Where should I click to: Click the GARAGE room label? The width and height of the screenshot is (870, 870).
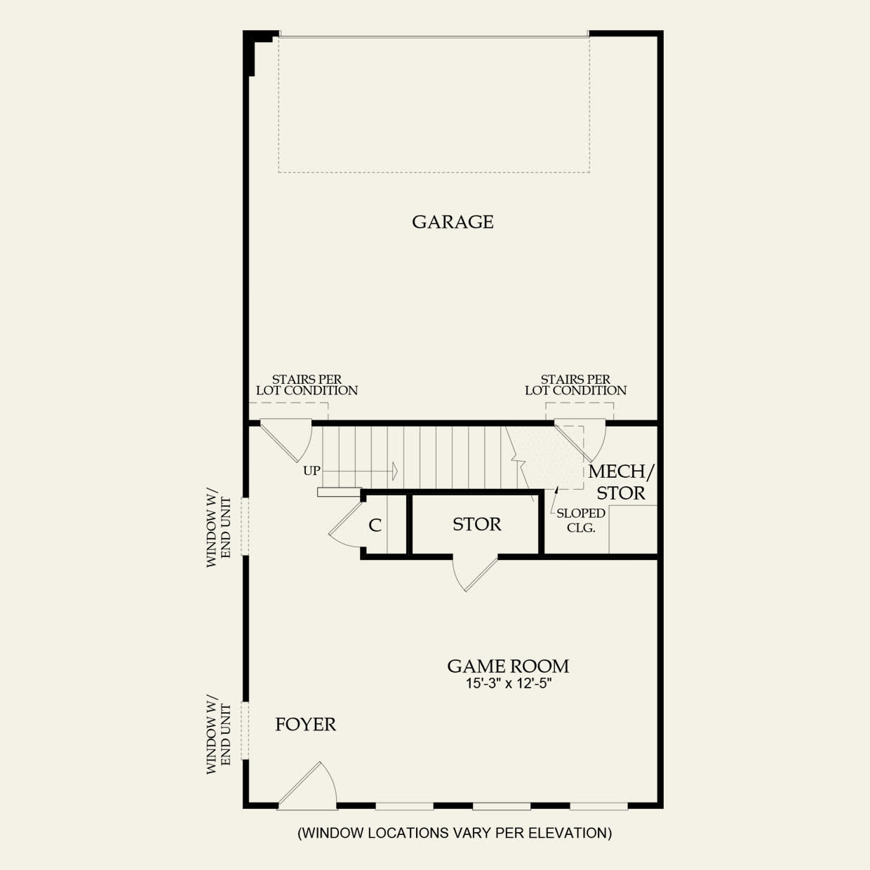(x=453, y=222)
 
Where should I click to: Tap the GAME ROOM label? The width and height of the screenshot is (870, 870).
(x=508, y=666)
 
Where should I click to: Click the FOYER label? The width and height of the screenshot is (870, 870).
(x=305, y=724)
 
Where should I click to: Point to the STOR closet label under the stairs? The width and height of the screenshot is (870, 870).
(x=476, y=524)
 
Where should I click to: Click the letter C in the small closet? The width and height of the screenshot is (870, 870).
(x=375, y=526)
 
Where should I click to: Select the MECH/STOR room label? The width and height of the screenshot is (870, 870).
(x=620, y=482)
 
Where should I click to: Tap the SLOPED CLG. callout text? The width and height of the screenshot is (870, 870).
(x=581, y=521)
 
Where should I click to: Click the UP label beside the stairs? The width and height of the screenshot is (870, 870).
(x=312, y=471)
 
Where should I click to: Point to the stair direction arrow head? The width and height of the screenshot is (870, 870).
(x=395, y=470)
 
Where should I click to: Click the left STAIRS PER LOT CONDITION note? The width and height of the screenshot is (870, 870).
(x=307, y=385)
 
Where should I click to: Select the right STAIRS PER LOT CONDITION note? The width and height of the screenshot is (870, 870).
(x=575, y=385)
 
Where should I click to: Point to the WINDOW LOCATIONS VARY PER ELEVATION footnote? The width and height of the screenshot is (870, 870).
(x=455, y=833)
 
